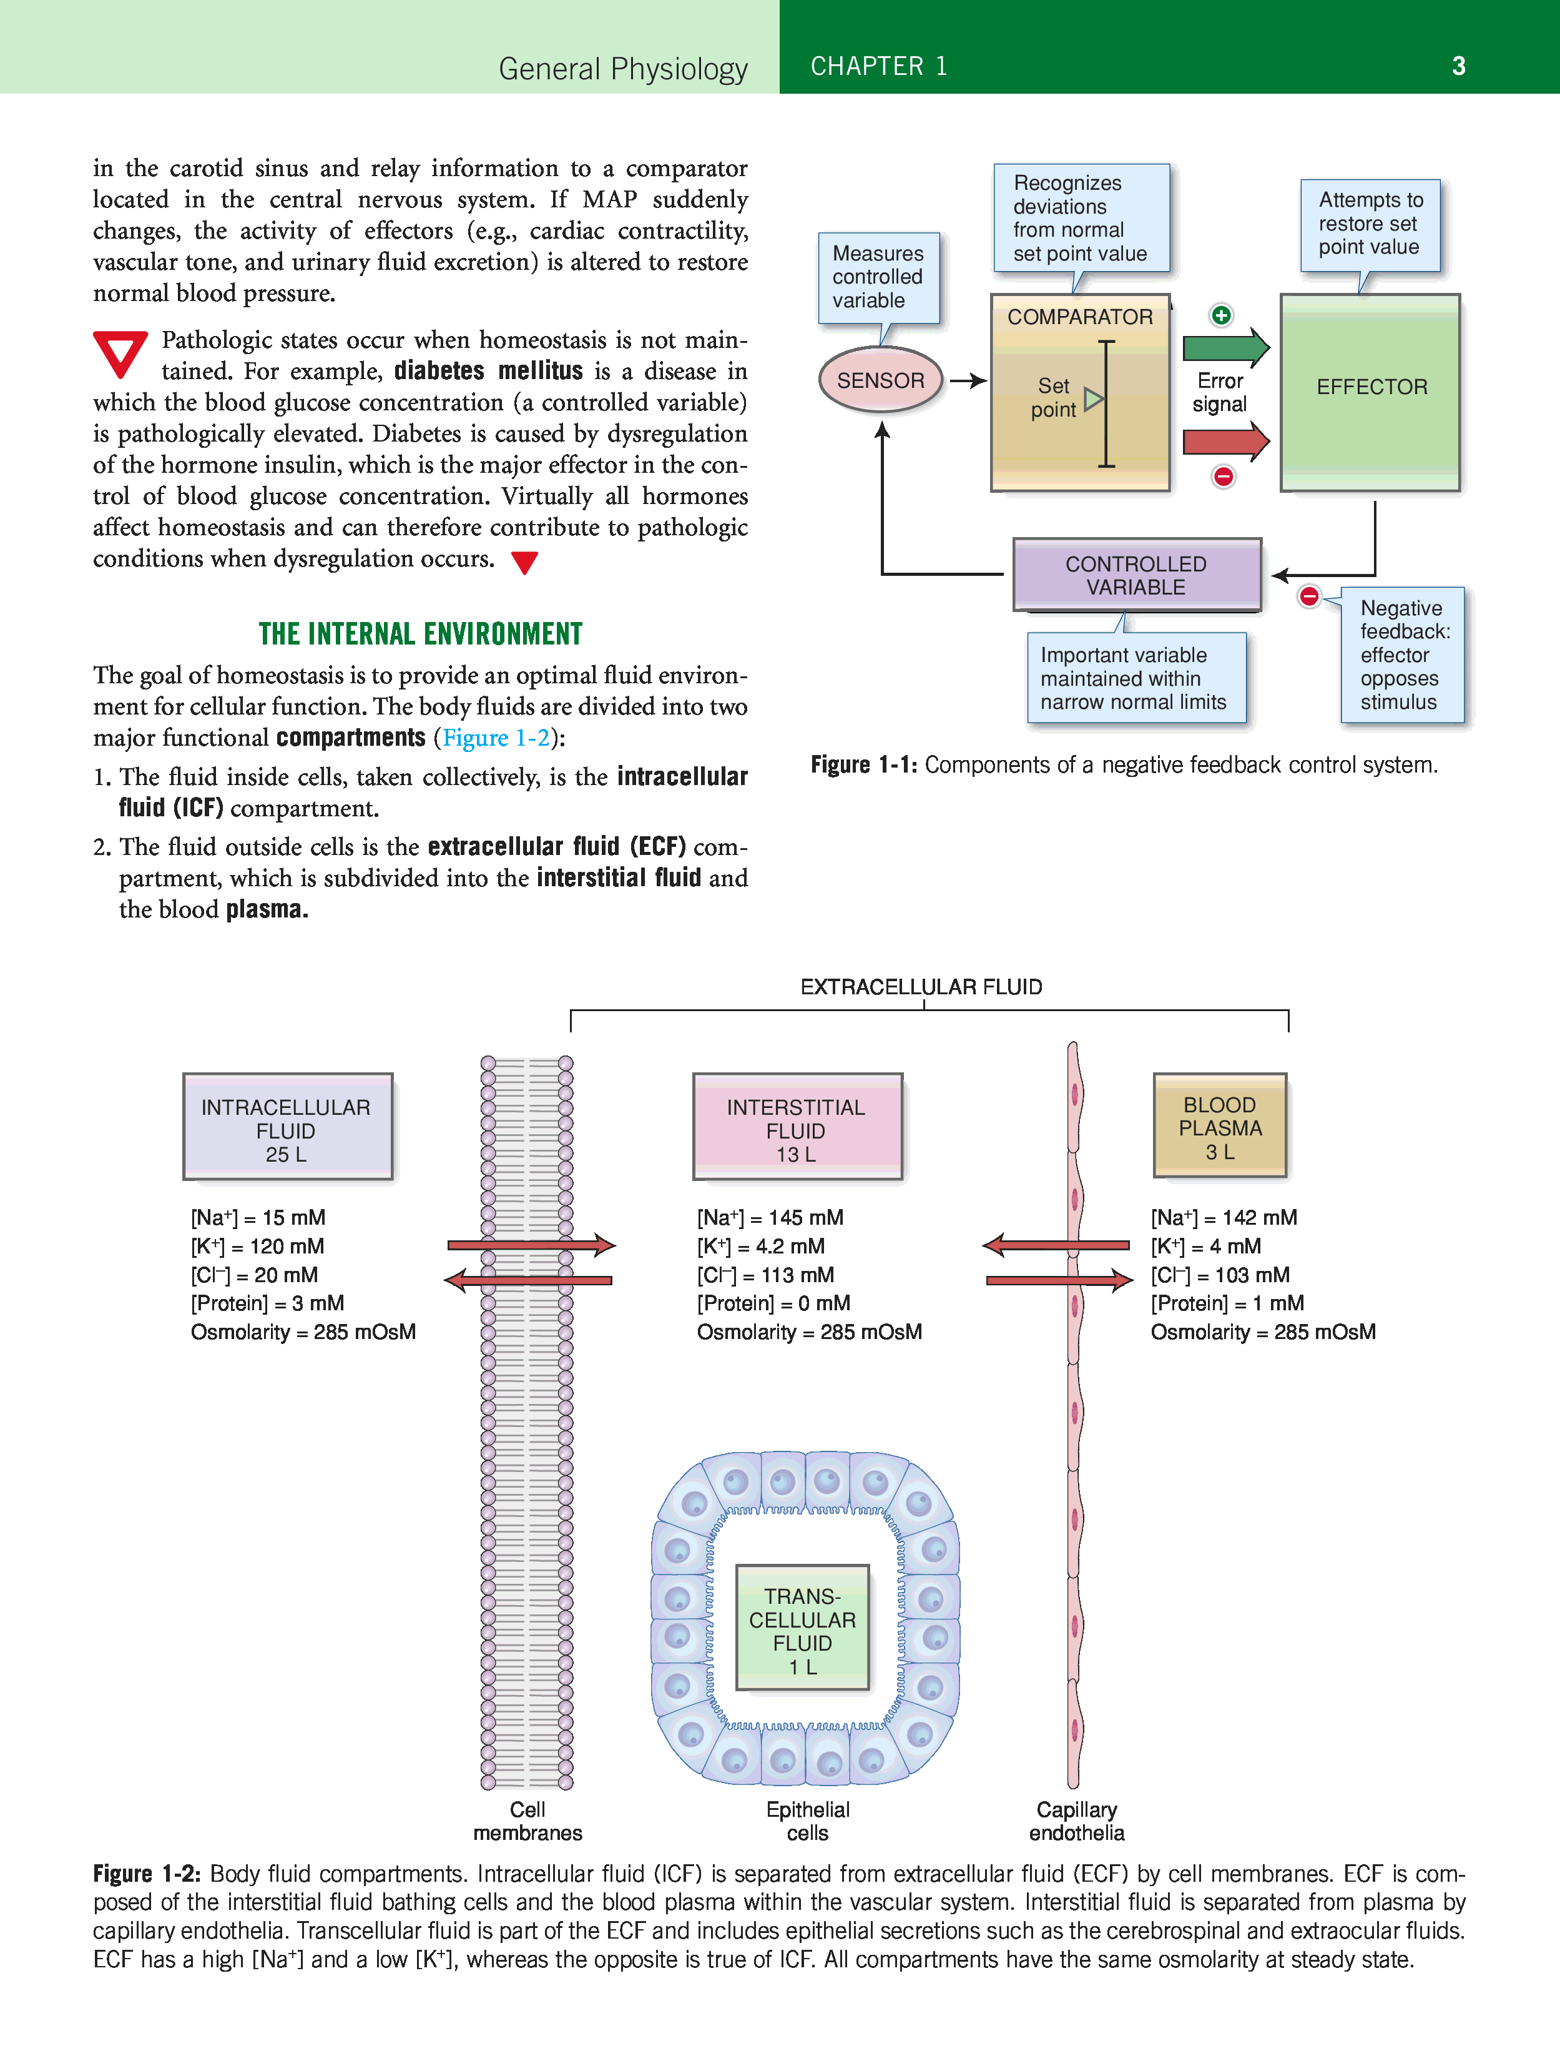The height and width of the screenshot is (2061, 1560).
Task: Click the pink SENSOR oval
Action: (880, 380)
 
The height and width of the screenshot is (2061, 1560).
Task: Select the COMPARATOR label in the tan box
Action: (1079, 317)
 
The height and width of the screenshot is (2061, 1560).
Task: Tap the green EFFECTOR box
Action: (1370, 392)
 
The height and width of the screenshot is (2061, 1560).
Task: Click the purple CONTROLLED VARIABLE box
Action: (1136, 575)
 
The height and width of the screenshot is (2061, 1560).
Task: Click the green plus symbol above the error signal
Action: (1221, 315)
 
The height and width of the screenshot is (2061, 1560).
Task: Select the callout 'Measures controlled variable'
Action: (878, 277)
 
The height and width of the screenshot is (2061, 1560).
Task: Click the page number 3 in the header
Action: (1458, 66)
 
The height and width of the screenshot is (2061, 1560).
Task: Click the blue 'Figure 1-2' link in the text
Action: (496, 738)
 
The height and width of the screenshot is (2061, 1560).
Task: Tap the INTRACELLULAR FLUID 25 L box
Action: (287, 1127)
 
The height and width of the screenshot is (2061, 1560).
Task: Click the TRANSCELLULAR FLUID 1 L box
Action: (802, 1628)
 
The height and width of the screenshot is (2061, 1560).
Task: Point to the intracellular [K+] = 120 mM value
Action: (258, 1247)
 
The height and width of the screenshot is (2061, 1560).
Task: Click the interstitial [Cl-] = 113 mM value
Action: (765, 1275)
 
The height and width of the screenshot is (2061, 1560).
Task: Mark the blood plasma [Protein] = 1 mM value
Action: (1227, 1303)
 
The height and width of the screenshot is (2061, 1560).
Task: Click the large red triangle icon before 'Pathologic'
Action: (120, 353)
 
